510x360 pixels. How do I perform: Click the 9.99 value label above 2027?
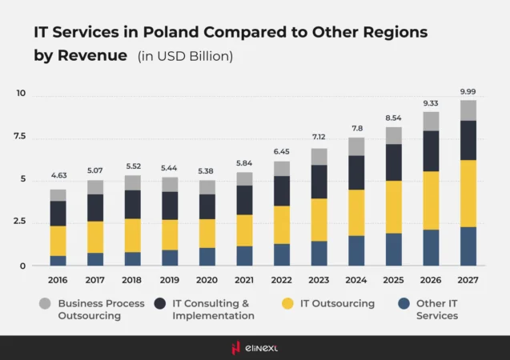468,91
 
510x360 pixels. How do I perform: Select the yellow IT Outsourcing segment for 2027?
468,194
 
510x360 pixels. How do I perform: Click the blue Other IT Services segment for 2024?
357,250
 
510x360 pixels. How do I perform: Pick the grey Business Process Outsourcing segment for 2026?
431,121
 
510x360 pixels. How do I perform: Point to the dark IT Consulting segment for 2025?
394,162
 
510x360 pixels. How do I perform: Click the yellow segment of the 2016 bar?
58,241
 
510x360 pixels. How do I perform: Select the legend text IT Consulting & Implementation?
211,310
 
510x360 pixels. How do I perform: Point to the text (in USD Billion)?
185,56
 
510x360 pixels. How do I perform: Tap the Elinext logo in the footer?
255,347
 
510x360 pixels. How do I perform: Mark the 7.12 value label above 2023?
319,138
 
